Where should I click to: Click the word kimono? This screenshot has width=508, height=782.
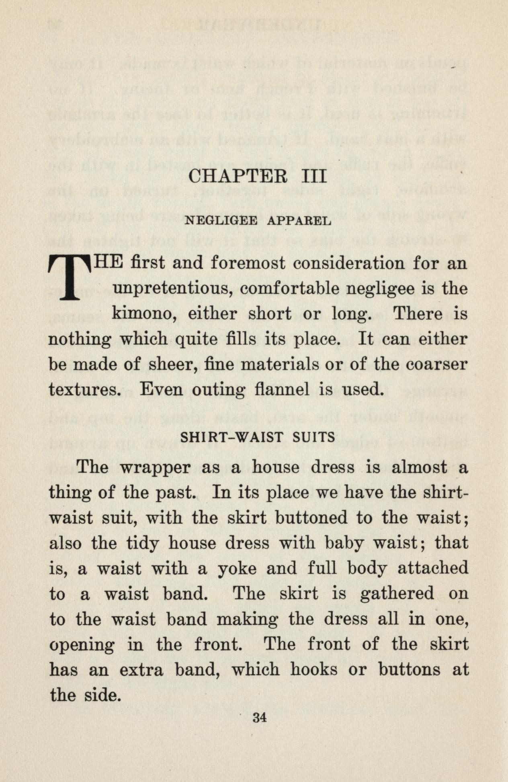pos(145,314)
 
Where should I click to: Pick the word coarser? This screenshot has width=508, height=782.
pos(436,364)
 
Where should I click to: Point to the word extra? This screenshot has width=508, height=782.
pos(142,670)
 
